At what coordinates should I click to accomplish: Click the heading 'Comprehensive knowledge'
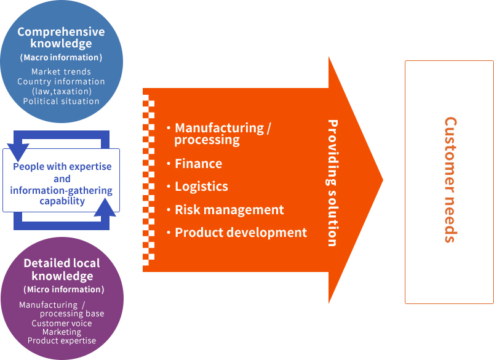pos(61,38)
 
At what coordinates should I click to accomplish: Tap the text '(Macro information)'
pos(61,58)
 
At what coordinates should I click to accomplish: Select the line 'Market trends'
pos(61,72)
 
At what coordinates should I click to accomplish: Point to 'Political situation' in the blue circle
pos(61,101)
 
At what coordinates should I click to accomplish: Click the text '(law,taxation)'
pos(61,91)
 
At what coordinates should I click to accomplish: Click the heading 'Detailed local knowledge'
pos(62,270)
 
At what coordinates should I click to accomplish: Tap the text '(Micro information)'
pos(63,289)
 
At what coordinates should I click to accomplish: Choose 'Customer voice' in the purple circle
pos(62,323)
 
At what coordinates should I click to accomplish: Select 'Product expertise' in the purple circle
pos(62,340)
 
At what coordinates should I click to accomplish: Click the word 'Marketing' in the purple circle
pos(62,332)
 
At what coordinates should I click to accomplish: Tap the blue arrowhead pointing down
pos(17,150)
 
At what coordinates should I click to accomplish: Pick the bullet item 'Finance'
pos(198,164)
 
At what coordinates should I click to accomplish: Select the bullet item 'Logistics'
pos(201,186)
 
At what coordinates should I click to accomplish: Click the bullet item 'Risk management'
pos(229,210)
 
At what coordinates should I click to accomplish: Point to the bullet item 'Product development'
pos(241,233)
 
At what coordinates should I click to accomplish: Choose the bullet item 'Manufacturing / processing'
pos(222,134)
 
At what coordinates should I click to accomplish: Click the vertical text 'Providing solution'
pos(332,183)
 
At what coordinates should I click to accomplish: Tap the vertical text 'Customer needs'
pos(450,180)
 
